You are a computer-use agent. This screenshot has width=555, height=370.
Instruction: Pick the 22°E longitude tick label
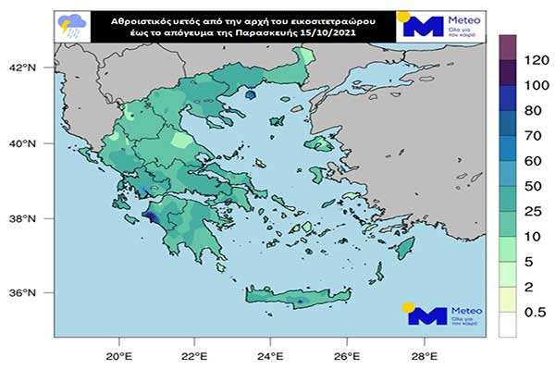pos(193,356)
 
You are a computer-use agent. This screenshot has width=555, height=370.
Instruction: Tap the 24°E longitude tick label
pos(269,356)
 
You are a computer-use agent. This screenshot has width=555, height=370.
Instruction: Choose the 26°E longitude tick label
pos(345,356)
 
